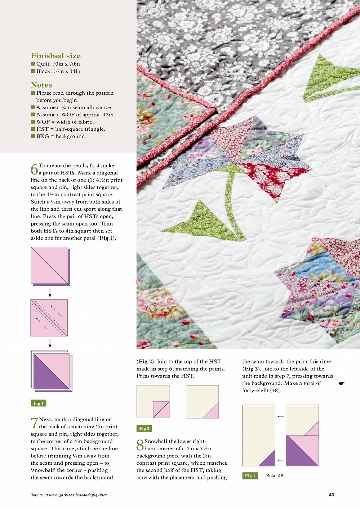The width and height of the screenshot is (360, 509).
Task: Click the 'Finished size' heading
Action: pyautogui.click(x=55, y=56)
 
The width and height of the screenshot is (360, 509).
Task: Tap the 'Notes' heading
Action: pyautogui.click(x=41, y=85)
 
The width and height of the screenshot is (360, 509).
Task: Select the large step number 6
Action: pyautogui.click(x=34, y=169)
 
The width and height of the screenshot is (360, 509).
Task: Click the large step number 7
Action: pyautogui.click(x=34, y=423)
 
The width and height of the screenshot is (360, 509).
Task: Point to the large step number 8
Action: pyautogui.click(x=140, y=445)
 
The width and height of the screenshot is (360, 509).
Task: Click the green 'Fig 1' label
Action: pyautogui.click(x=39, y=403)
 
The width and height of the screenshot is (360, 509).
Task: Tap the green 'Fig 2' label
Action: pyautogui.click(x=144, y=428)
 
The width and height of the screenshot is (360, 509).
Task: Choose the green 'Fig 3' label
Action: pyautogui.click(x=250, y=476)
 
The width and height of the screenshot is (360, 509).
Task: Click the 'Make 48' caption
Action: pyautogui.click(x=274, y=476)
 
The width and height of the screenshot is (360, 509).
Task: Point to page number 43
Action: pyautogui.click(x=332, y=495)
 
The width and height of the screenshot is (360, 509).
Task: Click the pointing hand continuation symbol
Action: pyautogui.click(x=342, y=383)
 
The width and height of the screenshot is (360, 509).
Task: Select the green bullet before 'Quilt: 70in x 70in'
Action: pyautogui.click(x=33, y=64)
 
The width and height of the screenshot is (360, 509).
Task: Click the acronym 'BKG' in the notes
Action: pyautogui.click(x=43, y=137)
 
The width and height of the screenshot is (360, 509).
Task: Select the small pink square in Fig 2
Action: pyautogui.click(x=161, y=410)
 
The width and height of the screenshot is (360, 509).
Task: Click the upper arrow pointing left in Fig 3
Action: pyautogui.click(x=280, y=417)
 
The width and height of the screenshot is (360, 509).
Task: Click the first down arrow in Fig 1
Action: pyautogui.click(x=50, y=293)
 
